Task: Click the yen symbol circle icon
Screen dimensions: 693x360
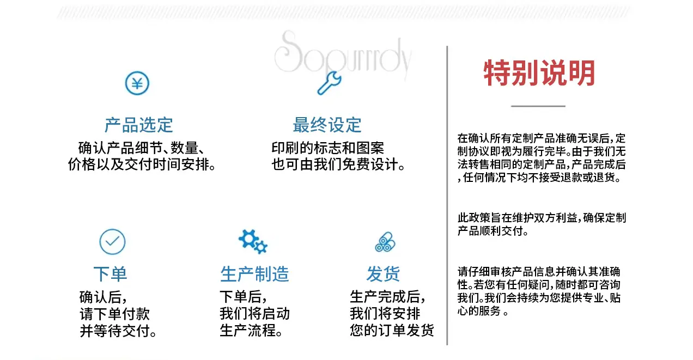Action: (x=137, y=83)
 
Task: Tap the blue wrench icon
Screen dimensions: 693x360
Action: (x=330, y=83)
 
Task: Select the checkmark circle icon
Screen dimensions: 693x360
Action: (x=112, y=242)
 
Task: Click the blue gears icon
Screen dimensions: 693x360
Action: (x=253, y=242)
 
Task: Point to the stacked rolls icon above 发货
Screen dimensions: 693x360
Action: (x=385, y=242)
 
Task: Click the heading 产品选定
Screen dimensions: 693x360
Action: (x=138, y=125)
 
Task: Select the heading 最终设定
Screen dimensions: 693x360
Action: (x=327, y=125)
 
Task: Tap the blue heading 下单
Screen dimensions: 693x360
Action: (x=110, y=274)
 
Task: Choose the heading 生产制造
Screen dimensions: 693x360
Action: (x=254, y=274)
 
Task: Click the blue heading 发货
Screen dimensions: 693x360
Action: (x=384, y=274)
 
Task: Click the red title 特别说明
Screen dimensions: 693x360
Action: (x=539, y=73)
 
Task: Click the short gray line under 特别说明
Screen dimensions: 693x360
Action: (x=538, y=106)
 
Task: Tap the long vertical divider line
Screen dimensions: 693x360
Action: (x=447, y=196)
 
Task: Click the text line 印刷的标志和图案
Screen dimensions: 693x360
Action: (x=327, y=148)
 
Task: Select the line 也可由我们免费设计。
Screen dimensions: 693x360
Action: (x=338, y=164)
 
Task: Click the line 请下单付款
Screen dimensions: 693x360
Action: (x=114, y=314)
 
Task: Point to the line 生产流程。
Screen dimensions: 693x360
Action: (x=251, y=331)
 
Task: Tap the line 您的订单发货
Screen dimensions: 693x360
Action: (x=392, y=330)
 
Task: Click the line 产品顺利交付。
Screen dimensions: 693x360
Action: (x=493, y=231)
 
